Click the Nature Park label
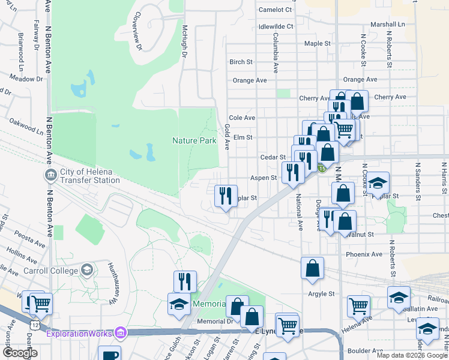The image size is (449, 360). pos(194,141)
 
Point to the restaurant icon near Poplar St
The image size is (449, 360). pos(226,196)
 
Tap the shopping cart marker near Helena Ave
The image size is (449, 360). pos(358,305)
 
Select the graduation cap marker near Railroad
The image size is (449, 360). pos(399,297)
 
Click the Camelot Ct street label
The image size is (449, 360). pos(275,10)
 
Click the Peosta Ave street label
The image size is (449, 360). pos(30,239)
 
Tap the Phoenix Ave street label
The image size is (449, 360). pos(364,254)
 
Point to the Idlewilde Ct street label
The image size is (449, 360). pos(276,26)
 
